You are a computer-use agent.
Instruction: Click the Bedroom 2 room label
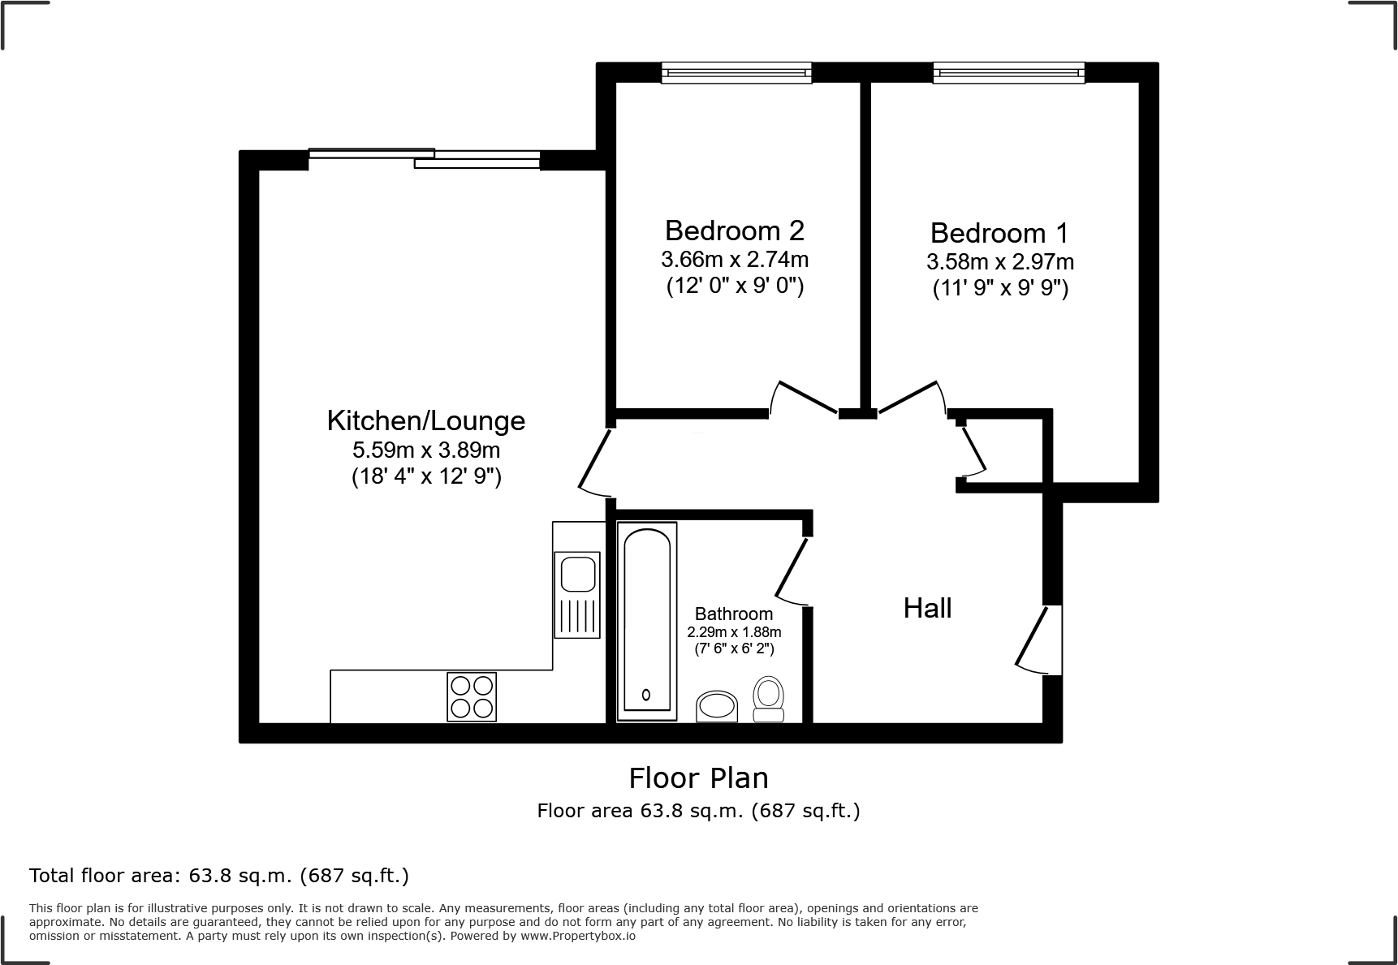point(734,230)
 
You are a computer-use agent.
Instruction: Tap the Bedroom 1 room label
point(999,233)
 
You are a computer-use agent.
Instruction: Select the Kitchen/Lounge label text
point(425,420)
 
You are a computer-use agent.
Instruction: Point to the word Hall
point(927,608)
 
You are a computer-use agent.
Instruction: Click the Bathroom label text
point(734,614)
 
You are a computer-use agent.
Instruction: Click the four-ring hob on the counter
point(472,697)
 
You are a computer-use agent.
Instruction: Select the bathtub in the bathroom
point(646,621)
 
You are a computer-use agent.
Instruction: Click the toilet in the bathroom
point(768,698)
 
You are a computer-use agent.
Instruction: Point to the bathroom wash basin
point(717,706)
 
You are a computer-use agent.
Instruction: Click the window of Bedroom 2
point(736,73)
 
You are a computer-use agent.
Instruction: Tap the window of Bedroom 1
point(1008,73)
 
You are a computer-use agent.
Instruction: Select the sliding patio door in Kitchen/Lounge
point(424,158)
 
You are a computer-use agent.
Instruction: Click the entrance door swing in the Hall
point(1039,641)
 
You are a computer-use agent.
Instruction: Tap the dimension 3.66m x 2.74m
point(734,260)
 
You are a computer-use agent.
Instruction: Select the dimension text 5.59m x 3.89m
point(425,449)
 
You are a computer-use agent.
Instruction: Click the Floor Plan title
point(698,778)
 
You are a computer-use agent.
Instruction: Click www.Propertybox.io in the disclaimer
point(577,936)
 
